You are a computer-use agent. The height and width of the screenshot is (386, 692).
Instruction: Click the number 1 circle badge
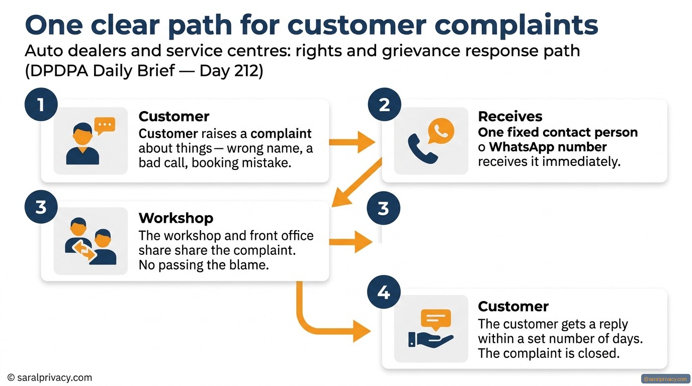click(41, 105)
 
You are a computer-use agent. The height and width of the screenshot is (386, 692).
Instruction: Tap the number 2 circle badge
click(384, 105)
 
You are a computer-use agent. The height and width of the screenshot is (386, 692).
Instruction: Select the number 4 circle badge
click(384, 292)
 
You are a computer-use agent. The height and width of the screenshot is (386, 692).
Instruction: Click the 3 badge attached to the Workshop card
click(41, 207)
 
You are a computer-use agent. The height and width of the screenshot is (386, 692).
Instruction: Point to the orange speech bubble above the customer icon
click(105, 126)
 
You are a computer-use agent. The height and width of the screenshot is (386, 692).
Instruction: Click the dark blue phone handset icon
click(422, 149)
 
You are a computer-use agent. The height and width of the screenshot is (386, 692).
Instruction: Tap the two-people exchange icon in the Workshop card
click(91, 241)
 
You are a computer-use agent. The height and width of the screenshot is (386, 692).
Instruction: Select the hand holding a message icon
click(431, 329)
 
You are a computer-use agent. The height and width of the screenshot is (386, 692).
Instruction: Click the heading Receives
click(510, 117)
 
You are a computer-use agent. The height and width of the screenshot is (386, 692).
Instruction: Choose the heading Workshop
click(176, 218)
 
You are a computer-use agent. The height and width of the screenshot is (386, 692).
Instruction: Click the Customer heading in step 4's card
click(513, 306)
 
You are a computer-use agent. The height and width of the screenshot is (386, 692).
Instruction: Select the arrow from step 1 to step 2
click(352, 142)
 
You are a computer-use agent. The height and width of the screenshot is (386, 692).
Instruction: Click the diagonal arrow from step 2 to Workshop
click(357, 182)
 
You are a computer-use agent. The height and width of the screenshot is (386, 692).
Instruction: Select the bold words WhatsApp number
click(548, 147)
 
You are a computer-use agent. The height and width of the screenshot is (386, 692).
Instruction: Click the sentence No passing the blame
click(204, 265)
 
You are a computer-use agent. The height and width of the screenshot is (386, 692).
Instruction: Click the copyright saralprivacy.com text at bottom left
click(50, 377)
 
